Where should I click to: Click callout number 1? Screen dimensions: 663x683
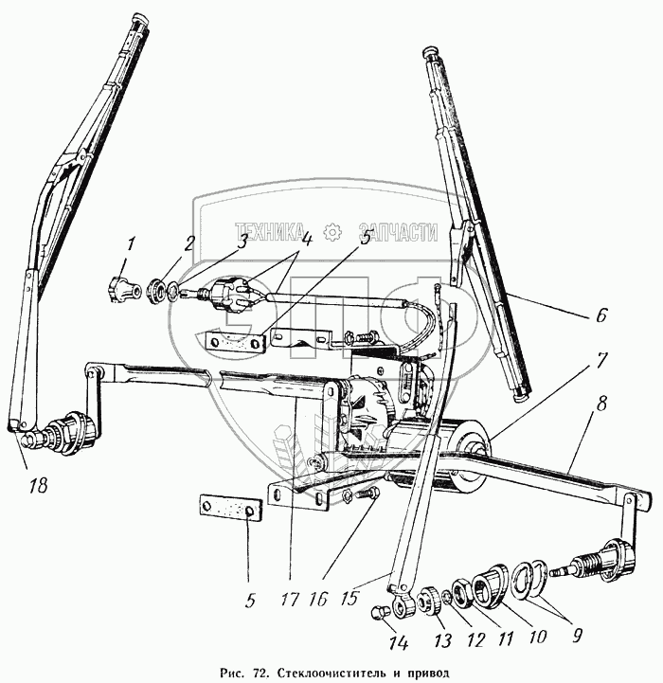[132, 243]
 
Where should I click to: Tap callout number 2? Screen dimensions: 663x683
[189, 242]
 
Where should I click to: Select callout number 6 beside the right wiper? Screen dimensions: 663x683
[601, 316]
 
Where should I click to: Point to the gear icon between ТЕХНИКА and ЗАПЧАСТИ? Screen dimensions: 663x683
[331, 232]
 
